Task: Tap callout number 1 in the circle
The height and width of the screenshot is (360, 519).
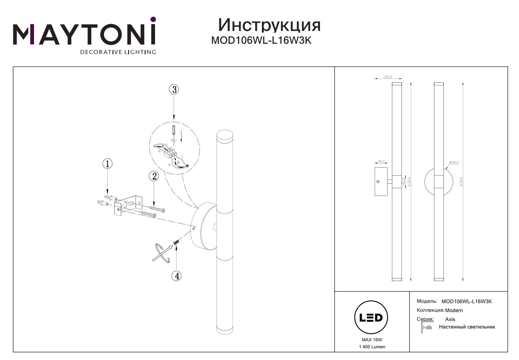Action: (108, 164)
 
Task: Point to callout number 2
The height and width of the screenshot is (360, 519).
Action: (153, 176)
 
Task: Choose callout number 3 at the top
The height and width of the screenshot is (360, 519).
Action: (174, 89)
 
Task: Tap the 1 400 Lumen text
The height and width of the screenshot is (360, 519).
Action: (372, 347)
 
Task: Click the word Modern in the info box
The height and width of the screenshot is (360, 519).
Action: (454, 310)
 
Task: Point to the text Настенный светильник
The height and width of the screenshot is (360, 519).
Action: (467, 327)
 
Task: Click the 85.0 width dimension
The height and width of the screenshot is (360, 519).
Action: (388, 77)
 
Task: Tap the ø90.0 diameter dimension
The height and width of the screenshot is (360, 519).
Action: (453, 163)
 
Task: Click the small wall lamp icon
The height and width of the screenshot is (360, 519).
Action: (426, 327)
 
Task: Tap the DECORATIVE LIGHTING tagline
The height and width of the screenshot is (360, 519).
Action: (118, 51)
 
